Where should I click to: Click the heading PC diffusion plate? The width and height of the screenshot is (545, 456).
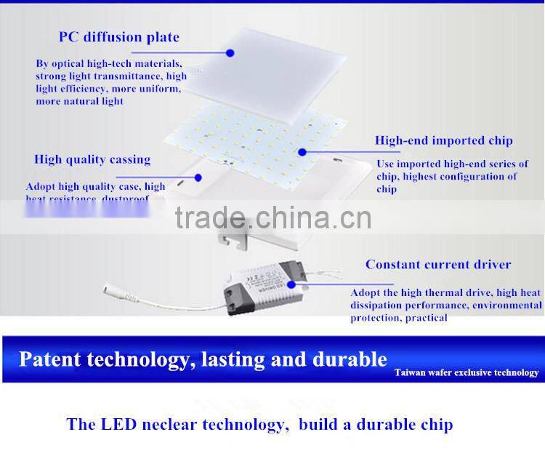pyautogui.click(x=119, y=37)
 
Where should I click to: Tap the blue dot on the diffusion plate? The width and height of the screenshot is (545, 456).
pyautogui.click(x=230, y=52)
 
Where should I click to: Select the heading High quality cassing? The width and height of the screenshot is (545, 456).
pyautogui.click(x=92, y=159)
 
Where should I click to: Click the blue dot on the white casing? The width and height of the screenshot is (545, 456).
pyautogui.click(x=197, y=175)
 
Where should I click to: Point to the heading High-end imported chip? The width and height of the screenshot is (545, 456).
pyautogui.click(x=443, y=140)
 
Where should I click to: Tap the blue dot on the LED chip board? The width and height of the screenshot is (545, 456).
pyautogui.click(x=302, y=152)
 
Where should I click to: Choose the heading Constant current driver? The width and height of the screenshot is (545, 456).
pyautogui.click(x=438, y=265)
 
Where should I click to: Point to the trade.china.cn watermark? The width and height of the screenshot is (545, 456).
pyautogui.click(x=272, y=217)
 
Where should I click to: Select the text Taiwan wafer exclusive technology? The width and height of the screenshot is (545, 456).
pyautogui.click(x=467, y=373)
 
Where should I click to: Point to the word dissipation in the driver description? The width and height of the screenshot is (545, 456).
pyautogui.click(x=380, y=305)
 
